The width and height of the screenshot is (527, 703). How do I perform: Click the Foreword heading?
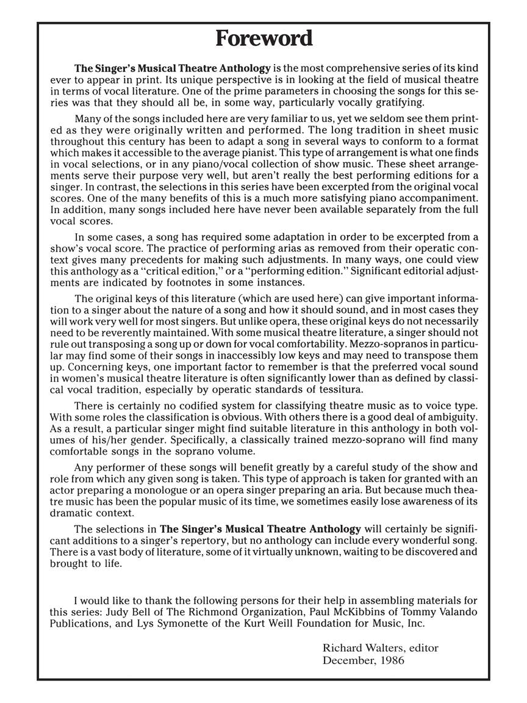point(263,38)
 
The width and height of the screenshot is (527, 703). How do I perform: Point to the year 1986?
point(391,660)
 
